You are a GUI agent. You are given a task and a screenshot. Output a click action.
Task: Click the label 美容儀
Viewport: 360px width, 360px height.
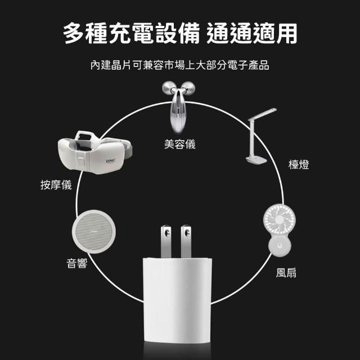[x=180, y=144]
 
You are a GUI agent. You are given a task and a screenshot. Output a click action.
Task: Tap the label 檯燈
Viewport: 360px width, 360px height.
[x=299, y=165]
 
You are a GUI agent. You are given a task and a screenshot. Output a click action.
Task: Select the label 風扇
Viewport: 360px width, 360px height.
[x=286, y=273]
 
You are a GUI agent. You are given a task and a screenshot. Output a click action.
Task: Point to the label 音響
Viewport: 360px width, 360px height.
[x=77, y=263]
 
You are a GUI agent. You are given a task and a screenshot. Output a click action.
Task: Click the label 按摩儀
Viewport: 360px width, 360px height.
[x=56, y=185]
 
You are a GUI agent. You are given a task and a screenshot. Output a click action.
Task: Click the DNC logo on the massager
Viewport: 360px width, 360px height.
[x=111, y=161]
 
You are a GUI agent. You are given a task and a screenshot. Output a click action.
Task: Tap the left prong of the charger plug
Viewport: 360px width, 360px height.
[x=166, y=241]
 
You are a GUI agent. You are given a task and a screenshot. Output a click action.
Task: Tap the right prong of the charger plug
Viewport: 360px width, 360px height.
[x=186, y=241]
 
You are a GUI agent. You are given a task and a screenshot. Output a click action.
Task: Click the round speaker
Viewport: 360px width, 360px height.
[x=94, y=232]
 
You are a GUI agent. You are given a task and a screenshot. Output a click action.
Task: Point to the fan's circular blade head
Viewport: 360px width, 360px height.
[x=280, y=220]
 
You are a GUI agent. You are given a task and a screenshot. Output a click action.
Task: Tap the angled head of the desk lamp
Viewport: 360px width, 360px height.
[x=263, y=114]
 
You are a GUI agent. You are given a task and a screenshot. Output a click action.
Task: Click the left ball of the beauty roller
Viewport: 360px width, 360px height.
[x=169, y=88]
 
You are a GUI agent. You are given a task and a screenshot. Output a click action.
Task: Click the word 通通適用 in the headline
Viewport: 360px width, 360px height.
[x=252, y=34]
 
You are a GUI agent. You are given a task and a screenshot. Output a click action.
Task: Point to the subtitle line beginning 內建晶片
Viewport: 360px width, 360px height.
[x=180, y=65]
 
